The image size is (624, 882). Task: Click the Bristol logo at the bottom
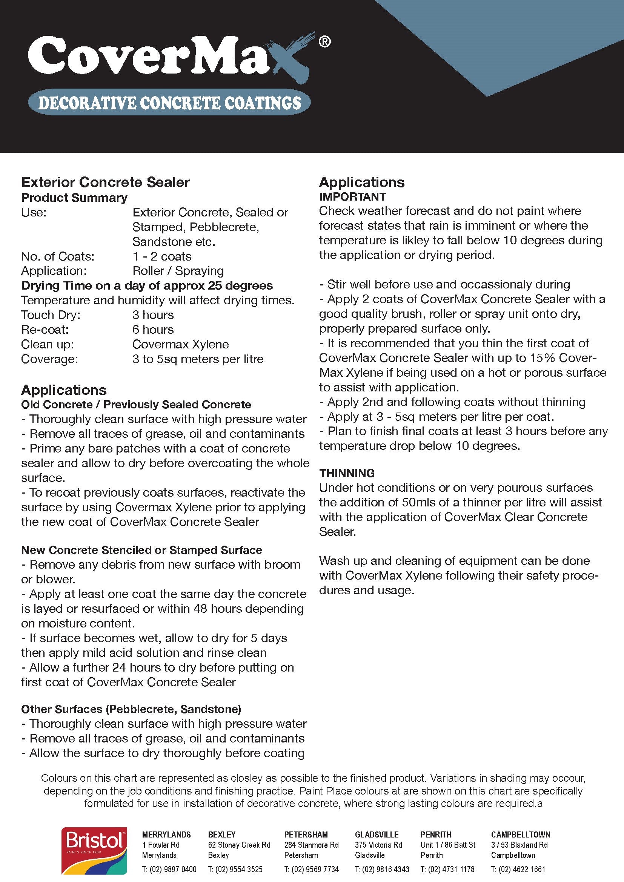point(94,850)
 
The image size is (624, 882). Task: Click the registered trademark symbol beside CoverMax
point(324,41)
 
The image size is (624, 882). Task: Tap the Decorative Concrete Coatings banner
point(169,103)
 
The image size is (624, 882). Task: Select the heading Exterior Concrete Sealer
point(105,182)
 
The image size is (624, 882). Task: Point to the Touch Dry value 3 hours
point(153,315)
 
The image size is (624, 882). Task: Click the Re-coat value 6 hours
point(153,330)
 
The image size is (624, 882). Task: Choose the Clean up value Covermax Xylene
point(181,344)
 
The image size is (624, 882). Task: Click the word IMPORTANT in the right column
point(352,197)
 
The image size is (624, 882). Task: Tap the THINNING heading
point(347,473)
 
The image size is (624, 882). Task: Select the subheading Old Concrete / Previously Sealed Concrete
point(136,405)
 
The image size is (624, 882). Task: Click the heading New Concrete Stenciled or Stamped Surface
point(141,550)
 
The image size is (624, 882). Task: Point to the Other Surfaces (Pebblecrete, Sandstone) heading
point(131,709)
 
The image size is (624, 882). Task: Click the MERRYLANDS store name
point(166,834)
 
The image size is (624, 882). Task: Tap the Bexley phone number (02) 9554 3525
point(235,869)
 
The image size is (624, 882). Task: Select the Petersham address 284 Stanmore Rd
point(311,845)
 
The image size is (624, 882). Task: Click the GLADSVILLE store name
point(377,834)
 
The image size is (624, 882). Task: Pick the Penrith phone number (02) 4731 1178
point(447,869)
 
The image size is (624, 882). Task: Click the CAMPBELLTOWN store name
point(520,834)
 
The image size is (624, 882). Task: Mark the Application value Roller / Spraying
point(178,271)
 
